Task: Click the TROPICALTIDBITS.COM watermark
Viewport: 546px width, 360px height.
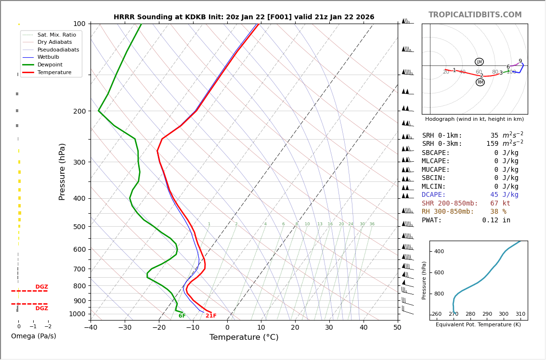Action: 475,15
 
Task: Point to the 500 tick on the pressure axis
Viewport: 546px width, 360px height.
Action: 79,227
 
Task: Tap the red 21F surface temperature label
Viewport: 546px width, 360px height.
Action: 211,316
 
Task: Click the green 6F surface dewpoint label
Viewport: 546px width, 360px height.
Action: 182,316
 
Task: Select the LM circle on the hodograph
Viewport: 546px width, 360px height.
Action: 479,62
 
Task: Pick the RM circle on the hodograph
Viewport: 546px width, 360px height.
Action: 480,82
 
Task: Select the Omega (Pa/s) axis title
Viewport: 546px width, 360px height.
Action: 34,336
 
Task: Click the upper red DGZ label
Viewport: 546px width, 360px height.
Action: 41,287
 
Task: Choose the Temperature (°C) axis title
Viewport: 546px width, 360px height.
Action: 244,337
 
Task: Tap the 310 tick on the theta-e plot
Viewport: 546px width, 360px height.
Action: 520,314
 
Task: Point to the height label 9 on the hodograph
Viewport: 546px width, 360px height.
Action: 520,61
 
